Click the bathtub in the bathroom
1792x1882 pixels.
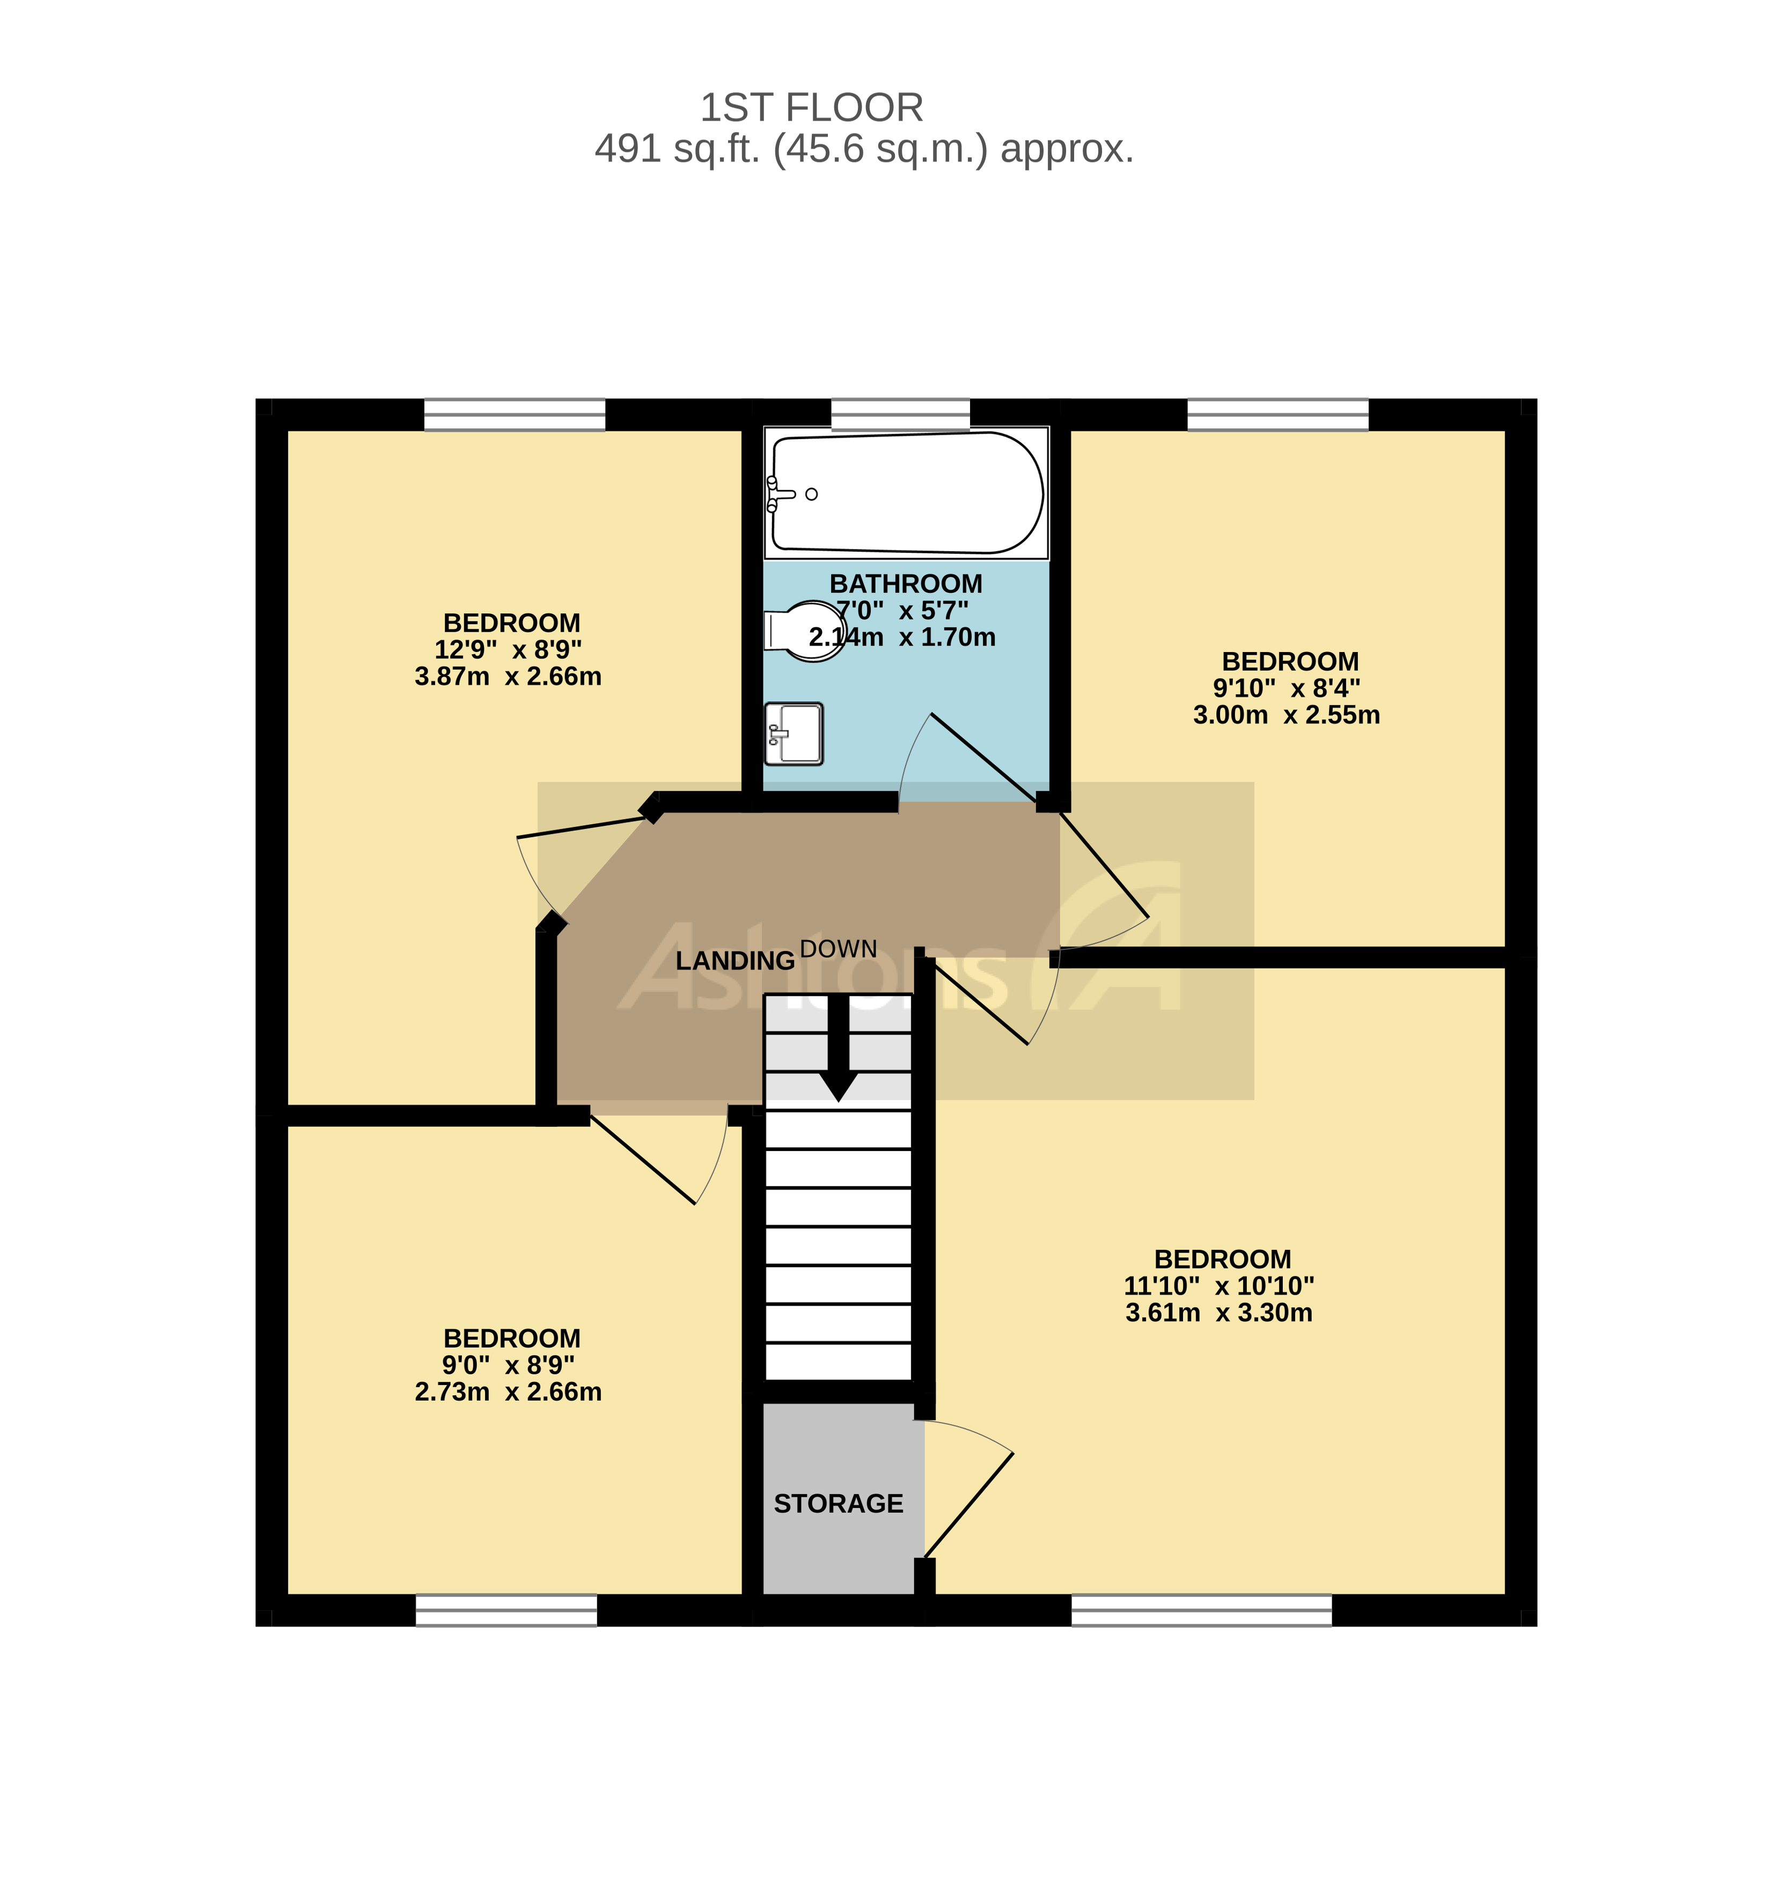coord(907,493)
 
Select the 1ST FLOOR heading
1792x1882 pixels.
coord(811,108)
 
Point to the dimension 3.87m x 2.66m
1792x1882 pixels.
coord(508,677)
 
